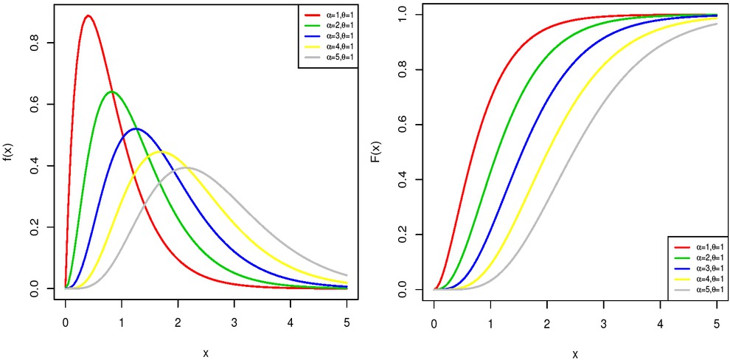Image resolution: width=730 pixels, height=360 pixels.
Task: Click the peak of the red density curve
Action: coord(88,15)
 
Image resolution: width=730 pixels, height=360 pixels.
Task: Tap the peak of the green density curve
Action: coord(112,91)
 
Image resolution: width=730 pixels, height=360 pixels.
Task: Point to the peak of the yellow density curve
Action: coord(162,152)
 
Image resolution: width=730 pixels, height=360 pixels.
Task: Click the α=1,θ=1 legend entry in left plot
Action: coord(328,14)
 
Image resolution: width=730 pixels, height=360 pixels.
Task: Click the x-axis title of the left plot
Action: coord(206,353)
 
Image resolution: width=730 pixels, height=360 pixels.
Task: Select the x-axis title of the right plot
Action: coord(574,353)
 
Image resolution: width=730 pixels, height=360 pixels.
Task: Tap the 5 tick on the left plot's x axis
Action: coord(347,322)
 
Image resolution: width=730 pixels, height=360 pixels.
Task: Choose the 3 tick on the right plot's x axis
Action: coord(603,322)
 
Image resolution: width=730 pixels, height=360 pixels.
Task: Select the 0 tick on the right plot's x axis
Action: coord(434,322)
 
